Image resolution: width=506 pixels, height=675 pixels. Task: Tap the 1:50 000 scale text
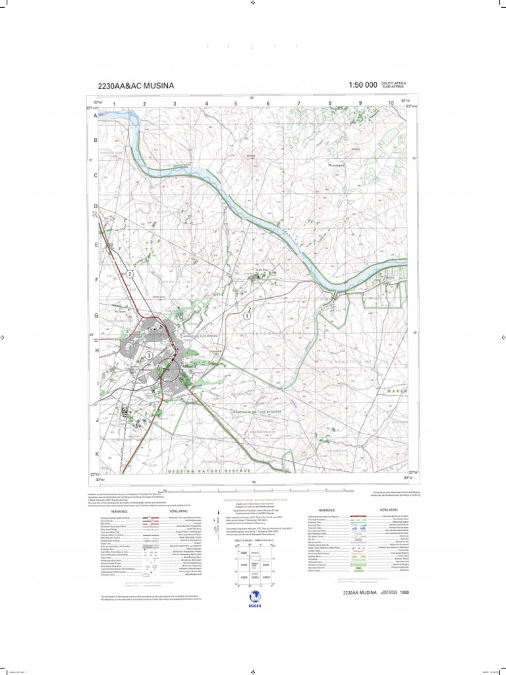[363, 85]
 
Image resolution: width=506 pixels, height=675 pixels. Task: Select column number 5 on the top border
[236, 103]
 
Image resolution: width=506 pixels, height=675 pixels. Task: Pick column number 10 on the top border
[391, 103]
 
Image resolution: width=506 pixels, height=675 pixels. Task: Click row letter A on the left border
[96, 115]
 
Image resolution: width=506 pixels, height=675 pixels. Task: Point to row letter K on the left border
[96, 454]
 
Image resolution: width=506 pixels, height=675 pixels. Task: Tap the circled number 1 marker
[247, 316]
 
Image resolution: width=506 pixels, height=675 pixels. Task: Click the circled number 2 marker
[130, 274]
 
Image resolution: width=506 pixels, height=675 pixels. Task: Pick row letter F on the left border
[96, 279]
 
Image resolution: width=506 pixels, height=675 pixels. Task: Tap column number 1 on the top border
[114, 103]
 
